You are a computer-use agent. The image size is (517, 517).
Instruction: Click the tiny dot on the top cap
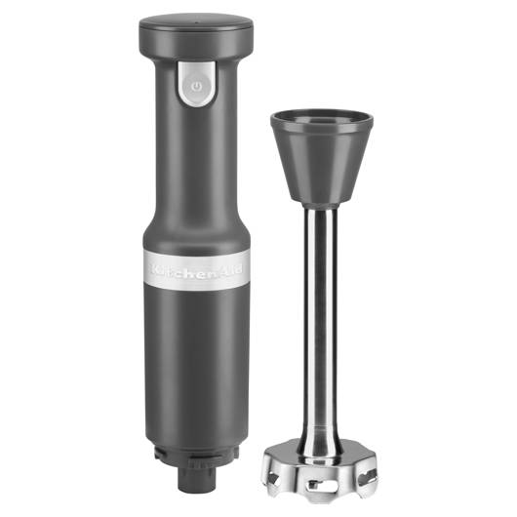197,23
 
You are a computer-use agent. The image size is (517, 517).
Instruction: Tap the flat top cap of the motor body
196,23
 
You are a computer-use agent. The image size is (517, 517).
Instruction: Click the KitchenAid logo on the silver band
196,269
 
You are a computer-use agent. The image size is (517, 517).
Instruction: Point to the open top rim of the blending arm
322,120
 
